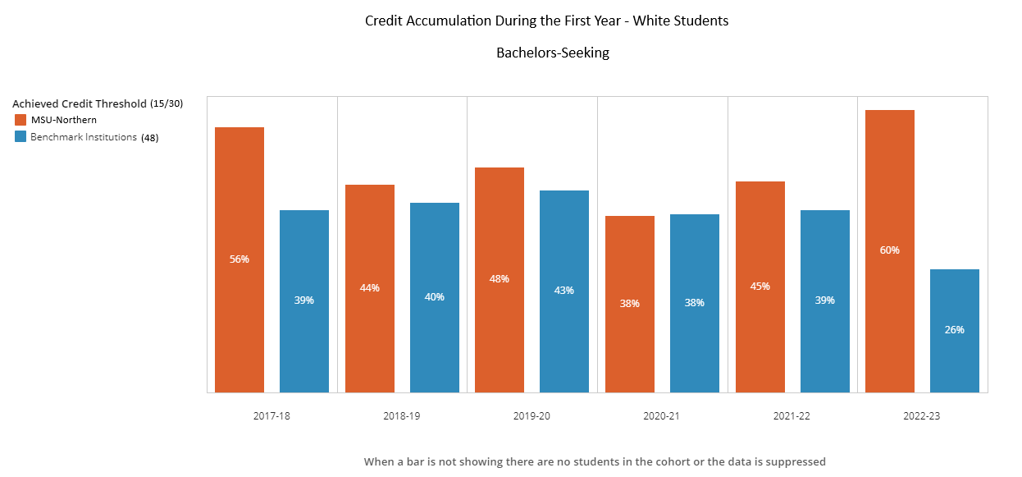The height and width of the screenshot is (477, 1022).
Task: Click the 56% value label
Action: [240, 259]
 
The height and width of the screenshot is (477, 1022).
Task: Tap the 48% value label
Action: [500, 279]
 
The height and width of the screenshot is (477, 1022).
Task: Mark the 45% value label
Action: [760, 287]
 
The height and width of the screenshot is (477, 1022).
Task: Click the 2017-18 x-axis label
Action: [271, 416]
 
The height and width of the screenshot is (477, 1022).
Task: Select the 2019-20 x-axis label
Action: [532, 416]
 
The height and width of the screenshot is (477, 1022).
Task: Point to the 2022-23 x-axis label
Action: [922, 416]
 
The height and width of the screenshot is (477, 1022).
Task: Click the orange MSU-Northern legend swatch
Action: [21, 120]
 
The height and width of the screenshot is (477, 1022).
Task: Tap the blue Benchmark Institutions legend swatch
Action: [21, 137]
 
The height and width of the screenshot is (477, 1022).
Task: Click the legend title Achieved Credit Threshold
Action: [80, 104]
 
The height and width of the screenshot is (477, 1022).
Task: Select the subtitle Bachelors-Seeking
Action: [553, 53]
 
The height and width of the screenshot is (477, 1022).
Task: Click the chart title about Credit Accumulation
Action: [546, 21]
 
